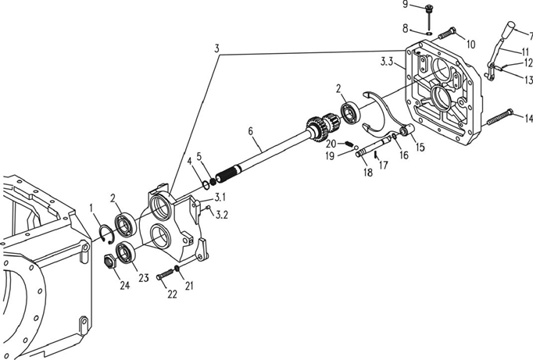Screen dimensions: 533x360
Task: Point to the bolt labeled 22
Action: [x=165, y=273]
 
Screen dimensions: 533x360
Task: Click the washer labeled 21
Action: [x=177, y=269]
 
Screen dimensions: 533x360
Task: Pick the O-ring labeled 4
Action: [x=206, y=185]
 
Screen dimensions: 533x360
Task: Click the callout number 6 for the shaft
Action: [x=251, y=130]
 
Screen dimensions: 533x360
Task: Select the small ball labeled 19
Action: [x=356, y=148]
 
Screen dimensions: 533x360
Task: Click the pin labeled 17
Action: [x=376, y=156]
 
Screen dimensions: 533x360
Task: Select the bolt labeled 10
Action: [x=446, y=34]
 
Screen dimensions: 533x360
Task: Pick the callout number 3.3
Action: [x=387, y=62]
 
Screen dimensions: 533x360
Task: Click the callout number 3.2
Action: [x=222, y=215]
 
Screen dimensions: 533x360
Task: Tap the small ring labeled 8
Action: [x=429, y=34]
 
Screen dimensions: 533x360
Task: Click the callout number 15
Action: [x=420, y=148]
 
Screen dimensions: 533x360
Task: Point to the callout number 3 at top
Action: [x=216, y=48]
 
